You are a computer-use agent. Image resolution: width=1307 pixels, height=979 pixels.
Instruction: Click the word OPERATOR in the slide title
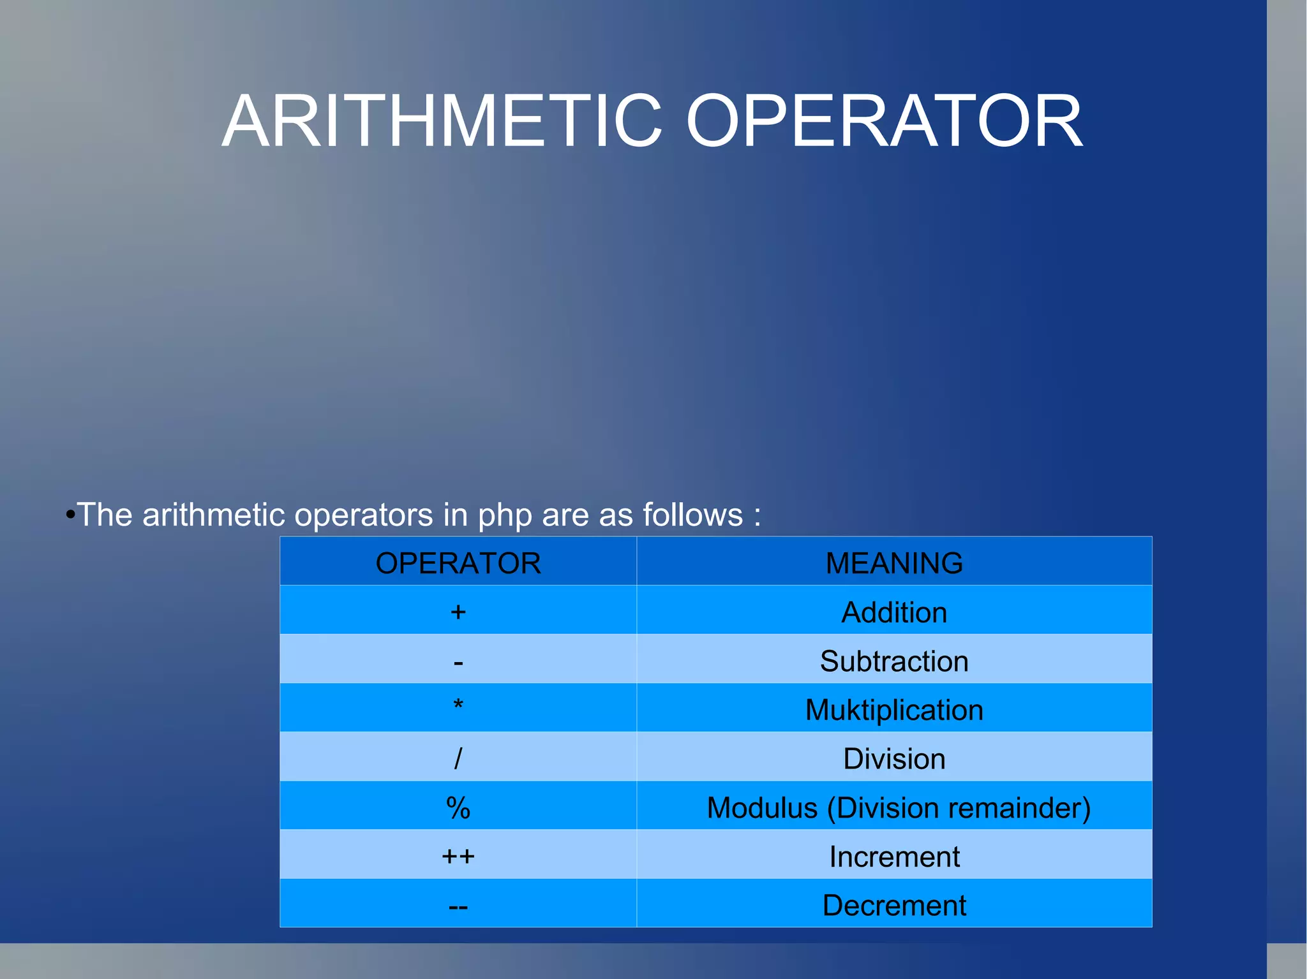pyautogui.click(x=884, y=121)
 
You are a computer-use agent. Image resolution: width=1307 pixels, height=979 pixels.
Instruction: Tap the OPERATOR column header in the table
pyautogui.click(x=458, y=563)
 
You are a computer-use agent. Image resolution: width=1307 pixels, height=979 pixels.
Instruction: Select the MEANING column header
pyautogui.click(x=894, y=563)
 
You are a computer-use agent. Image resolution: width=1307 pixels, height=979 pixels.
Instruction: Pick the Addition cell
pyautogui.click(x=894, y=612)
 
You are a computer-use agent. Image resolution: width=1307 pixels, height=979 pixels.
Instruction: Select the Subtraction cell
pyautogui.click(x=894, y=661)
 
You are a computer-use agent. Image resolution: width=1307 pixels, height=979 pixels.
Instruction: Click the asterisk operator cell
pyautogui.click(x=458, y=707)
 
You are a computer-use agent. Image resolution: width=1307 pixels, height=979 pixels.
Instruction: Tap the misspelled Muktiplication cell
pyautogui.click(x=894, y=710)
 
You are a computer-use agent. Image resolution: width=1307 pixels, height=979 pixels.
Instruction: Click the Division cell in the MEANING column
pyautogui.click(x=894, y=759)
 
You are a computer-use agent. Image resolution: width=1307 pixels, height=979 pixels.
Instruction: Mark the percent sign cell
pyautogui.click(x=458, y=808)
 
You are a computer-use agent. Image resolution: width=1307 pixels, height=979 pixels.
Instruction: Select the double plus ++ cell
pyautogui.click(x=458, y=856)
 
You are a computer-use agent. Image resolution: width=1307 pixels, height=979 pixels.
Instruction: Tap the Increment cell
pyautogui.click(x=894, y=857)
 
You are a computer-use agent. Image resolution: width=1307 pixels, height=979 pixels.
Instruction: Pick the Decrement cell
pyautogui.click(x=894, y=906)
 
